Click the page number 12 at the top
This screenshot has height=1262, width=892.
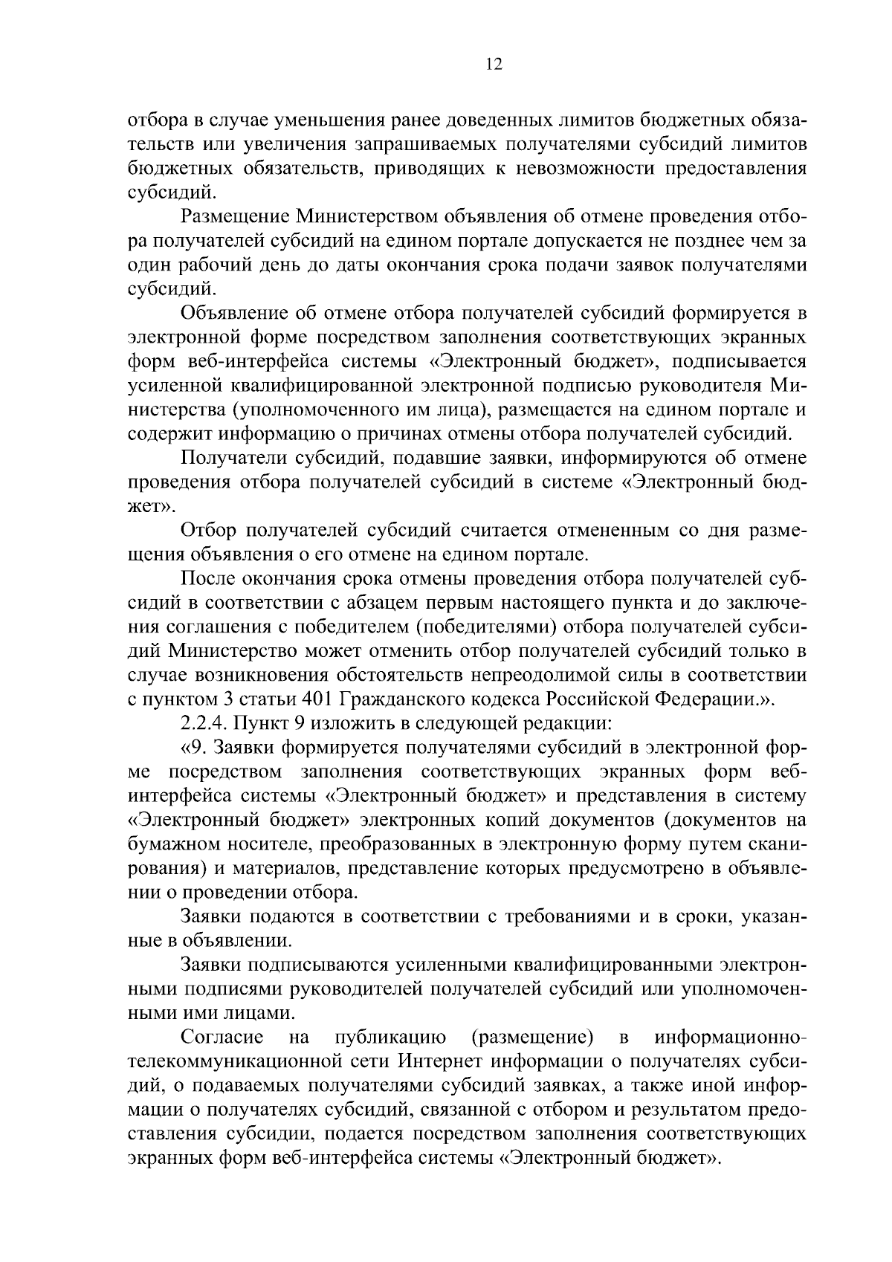pyautogui.click(x=494, y=64)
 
